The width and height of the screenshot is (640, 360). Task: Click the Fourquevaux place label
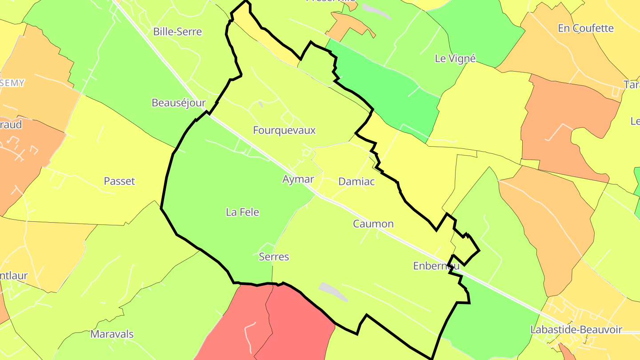[x=284, y=130]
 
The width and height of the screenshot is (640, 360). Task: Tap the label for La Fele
[x=242, y=212]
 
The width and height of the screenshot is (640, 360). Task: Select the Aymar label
[x=298, y=179]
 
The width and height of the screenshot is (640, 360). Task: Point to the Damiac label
[x=356, y=181]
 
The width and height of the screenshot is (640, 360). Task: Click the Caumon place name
[x=373, y=224]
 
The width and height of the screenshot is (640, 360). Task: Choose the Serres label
[x=274, y=256]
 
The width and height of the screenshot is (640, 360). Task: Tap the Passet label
[x=119, y=181]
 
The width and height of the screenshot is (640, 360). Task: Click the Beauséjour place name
[x=179, y=103]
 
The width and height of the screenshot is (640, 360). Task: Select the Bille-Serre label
[x=177, y=32]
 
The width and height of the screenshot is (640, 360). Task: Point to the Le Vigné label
[x=455, y=58]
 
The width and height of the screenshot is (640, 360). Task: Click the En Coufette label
[x=586, y=28]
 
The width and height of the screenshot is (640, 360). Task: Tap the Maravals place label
[x=112, y=334]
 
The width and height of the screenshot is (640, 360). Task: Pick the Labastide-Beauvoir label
[x=576, y=330]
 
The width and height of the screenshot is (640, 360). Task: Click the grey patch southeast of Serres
[x=333, y=292]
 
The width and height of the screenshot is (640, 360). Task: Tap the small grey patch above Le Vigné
[x=376, y=11]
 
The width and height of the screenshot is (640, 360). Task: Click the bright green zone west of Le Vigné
[x=387, y=84]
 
